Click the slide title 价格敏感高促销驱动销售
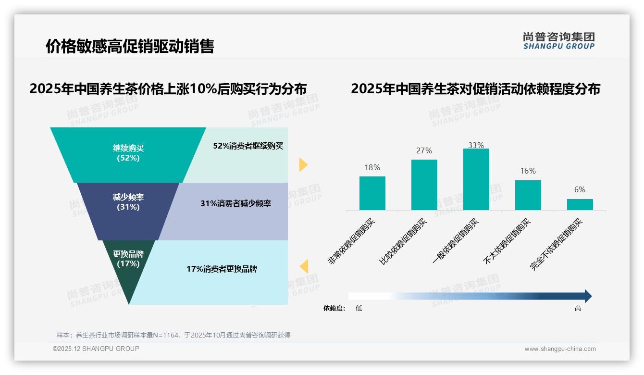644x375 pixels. pyautogui.click(x=130, y=46)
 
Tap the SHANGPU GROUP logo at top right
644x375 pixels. pyautogui.click(x=558, y=41)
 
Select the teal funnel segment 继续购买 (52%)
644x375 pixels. pyautogui.click(x=128, y=153)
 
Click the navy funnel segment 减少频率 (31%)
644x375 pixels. pyautogui.click(x=128, y=202)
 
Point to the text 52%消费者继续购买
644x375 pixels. pyautogui.click(x=248, y=146)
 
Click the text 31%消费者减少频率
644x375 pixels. pyautogui.click(x=235, y=203)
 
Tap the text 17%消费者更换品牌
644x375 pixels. pyautogui.click(x=222, y=269)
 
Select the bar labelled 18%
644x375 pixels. pyautogui.click(x=372, y=193)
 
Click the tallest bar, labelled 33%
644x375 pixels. pyautogui.click(x=476, y=179)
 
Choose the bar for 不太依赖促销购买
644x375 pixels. pyautogui.click(x=528, y=195)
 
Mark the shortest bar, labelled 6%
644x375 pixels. pyautogui.click(x=580, y=204)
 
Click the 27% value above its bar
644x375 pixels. pyautogui.click(x=424, y=150)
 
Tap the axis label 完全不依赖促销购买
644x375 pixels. pyautogui.click(x=556, y=244)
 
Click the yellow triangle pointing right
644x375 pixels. pyautogui.click(x=303, y=164)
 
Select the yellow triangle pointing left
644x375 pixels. pyautogui.click(x=304, y=266)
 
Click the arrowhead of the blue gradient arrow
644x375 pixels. pyautogui.click(x=588, y=296)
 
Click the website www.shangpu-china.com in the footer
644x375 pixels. pyautogui.click(x=560, y=349)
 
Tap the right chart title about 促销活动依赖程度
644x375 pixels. pyautogui.click(x=475, y=89)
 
